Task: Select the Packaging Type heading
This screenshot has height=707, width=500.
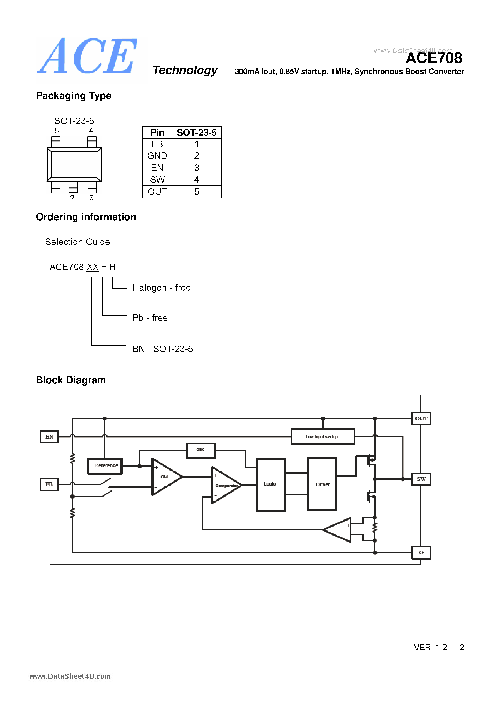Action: tap(74, 96)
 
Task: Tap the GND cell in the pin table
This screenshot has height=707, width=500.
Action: tap(157, 156)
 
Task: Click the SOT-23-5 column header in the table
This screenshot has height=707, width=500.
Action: tap(197, 133)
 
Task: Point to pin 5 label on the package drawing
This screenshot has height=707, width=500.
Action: tap(56, 131)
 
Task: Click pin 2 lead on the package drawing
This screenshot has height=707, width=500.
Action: tap(73, 187)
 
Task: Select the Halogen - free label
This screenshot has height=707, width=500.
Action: tap(161, 287)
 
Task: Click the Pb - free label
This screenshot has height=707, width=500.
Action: tap(150, 318)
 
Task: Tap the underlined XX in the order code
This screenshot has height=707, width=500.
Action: tap(92, 267)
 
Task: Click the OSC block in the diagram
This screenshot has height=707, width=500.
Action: tap(201, 450)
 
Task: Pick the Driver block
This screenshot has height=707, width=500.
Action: tap(322, 484)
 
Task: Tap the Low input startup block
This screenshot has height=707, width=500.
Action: tap(322, 437)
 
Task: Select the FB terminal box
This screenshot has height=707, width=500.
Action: tap(49, 484)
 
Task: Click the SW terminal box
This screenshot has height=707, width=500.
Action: tap(421, 479)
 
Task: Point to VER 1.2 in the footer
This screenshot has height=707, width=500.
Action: tap(430, 647)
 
